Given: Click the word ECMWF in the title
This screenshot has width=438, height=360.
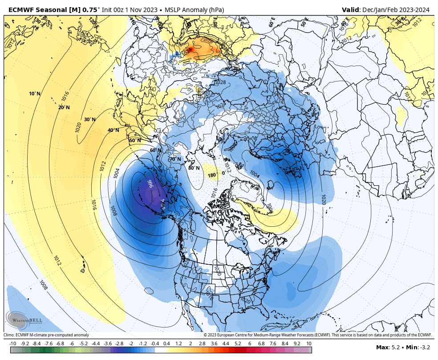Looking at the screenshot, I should tap(20, 10).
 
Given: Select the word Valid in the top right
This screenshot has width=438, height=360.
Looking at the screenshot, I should tap(351, 10).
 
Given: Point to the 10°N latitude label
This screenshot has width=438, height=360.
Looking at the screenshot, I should tap(35, 94).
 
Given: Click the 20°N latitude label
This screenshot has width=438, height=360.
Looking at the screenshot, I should tap(64, 107).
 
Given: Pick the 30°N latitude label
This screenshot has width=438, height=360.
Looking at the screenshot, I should tap(89, 119).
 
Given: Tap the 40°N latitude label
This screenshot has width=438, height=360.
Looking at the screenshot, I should tap(113, 130).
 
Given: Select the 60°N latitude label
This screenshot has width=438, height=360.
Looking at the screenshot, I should tap(156, 150).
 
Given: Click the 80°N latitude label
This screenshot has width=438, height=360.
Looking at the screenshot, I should tap(194, 168).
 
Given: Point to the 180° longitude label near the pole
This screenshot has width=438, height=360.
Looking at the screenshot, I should tap(212, 175).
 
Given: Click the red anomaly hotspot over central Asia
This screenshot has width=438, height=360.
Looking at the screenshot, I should tap(190, 49).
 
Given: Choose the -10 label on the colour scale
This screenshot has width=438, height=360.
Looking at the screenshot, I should tap(13, 344).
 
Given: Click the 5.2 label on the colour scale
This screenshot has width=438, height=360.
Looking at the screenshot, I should tap(238, 344).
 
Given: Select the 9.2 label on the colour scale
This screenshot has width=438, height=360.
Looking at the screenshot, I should tap(297, 344).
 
